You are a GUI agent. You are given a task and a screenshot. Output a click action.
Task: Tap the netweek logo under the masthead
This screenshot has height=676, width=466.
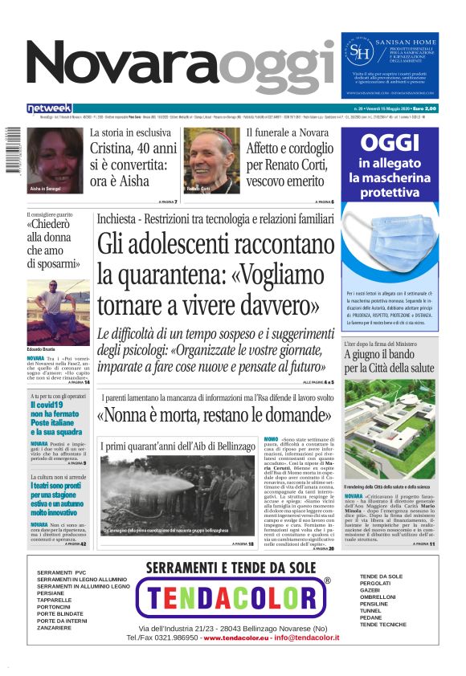pos(50,108)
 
